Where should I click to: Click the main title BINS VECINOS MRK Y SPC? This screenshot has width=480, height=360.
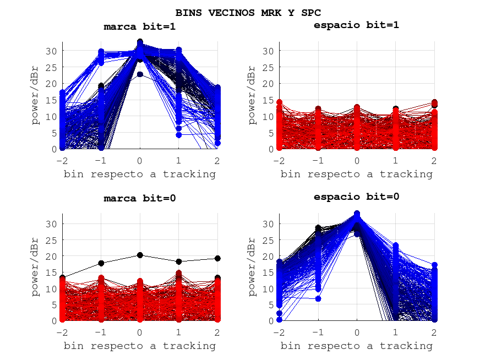coord(248,12)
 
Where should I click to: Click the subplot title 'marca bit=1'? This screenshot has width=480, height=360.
coord(140,26)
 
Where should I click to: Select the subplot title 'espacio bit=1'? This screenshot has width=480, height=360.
coord(356,25)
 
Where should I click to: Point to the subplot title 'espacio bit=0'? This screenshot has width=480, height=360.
coord(356,197)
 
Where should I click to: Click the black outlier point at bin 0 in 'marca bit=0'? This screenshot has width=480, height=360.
coord(140,255)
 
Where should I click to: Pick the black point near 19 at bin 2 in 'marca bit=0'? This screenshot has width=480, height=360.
coord(217,258)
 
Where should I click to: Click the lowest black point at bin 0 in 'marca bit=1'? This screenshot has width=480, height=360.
coord(140,74)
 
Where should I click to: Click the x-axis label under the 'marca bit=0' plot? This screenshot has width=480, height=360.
coord(140,346)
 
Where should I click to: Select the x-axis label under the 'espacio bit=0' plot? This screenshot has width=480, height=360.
coord(356,346)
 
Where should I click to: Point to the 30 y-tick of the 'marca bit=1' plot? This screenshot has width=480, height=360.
coord(51,51)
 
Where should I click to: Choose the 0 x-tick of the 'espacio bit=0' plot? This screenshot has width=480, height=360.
coord(357,332)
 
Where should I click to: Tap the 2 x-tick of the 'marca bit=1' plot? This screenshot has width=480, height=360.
coord(217,160)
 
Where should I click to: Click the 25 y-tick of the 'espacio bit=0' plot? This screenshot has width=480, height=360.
coord(268,240)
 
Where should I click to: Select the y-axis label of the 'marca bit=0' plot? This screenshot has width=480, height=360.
coord(36,267)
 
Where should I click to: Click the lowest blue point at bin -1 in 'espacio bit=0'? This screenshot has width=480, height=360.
coord(318,298)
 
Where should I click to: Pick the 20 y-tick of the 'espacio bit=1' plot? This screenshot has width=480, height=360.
coord(268,84)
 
